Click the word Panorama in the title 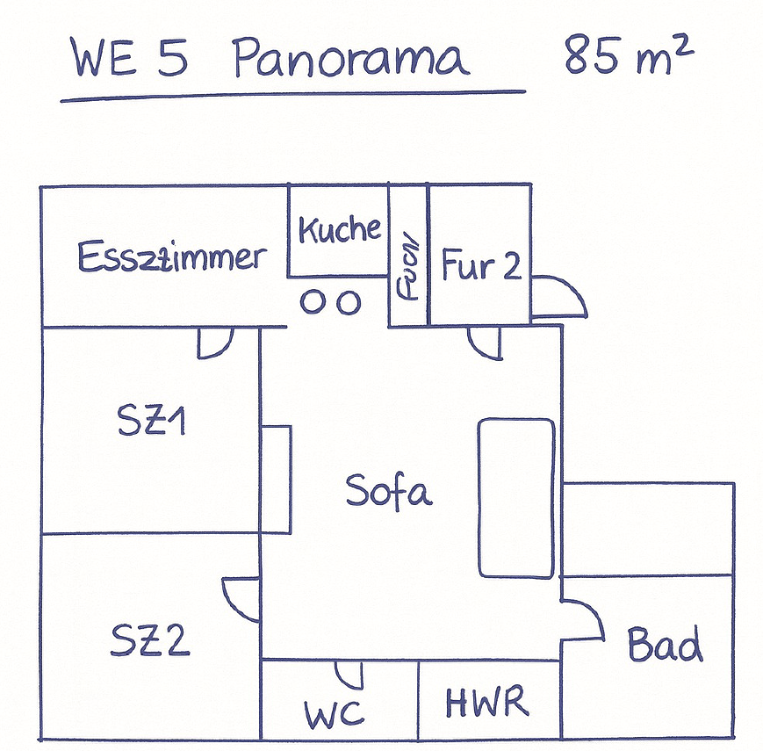coord(351,60)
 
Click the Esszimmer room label coord(172,257)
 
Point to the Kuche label coord(340,230)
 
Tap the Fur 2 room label coord(481,264)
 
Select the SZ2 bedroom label coord(150,640)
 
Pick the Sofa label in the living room coord(389,490)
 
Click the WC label coord(335,713)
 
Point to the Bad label coord(665,646)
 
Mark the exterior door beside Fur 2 coord(558,296)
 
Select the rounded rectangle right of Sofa coord(515,498)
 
